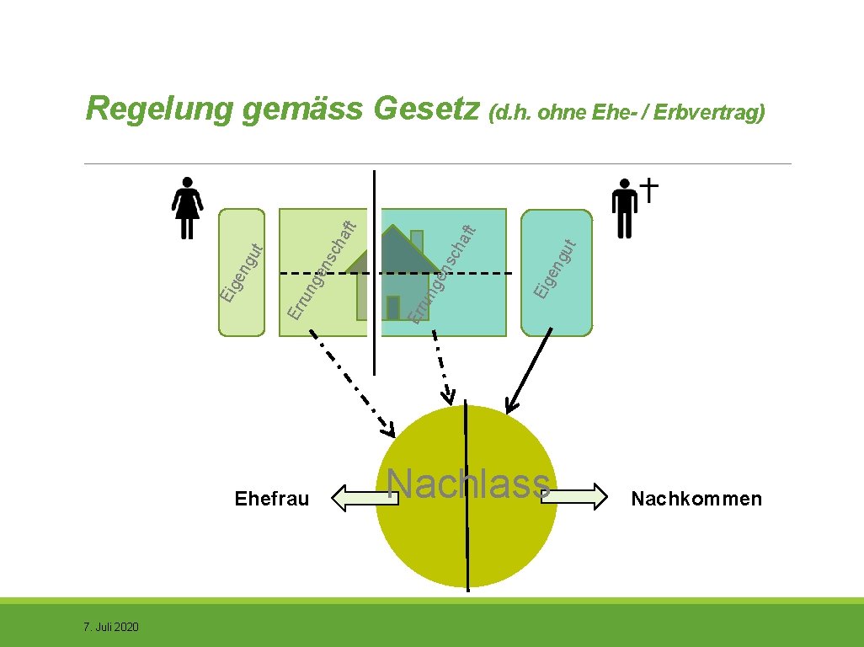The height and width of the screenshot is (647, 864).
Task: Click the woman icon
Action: (186, 207)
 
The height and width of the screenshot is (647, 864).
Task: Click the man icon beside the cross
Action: (624, 207)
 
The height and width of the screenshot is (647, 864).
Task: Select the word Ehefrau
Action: (272, 499)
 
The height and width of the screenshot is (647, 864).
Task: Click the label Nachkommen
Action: (696, 499)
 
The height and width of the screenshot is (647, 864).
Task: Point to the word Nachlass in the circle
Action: (468, 484)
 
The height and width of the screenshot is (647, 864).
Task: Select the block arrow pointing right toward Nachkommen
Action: (579, 496)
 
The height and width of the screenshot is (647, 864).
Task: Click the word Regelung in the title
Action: (158, 110)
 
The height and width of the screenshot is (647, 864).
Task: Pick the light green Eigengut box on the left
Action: (242, 271)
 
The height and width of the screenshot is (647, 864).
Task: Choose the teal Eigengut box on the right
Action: (556, 271)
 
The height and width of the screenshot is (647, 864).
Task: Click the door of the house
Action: (392, 307)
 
